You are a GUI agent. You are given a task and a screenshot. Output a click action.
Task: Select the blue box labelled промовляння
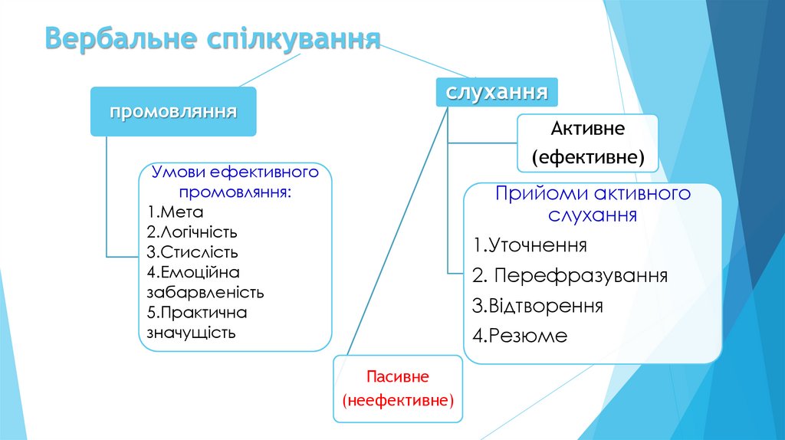[x=172, y=112]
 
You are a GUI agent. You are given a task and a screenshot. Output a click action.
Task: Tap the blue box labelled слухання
[x=497, y=93]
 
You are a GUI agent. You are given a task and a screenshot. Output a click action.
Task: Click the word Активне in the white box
[x=587, y=129]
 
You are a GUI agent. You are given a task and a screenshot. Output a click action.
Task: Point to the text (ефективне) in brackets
[x=587, y=158]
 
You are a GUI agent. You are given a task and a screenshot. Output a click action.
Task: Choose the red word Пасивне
[x=397, y=376]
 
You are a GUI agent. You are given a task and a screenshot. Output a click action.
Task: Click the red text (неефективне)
[x=399, y=400]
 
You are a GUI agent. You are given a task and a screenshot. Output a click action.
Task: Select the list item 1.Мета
[x=176, y=212]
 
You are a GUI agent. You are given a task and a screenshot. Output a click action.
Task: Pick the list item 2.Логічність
[x=192, y=231]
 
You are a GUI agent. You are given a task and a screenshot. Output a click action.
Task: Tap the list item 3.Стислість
[x=192, y=251]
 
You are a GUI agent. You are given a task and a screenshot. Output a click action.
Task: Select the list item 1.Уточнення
[x=530, y=246]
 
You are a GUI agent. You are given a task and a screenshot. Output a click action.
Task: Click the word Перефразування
[x=580, y=275]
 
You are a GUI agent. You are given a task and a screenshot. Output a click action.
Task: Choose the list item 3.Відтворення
[x=537, y=306]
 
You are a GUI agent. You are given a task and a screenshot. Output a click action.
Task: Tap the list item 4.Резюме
[x=520, y=335]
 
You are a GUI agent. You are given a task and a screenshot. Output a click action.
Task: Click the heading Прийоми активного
[x=593, y=193]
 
